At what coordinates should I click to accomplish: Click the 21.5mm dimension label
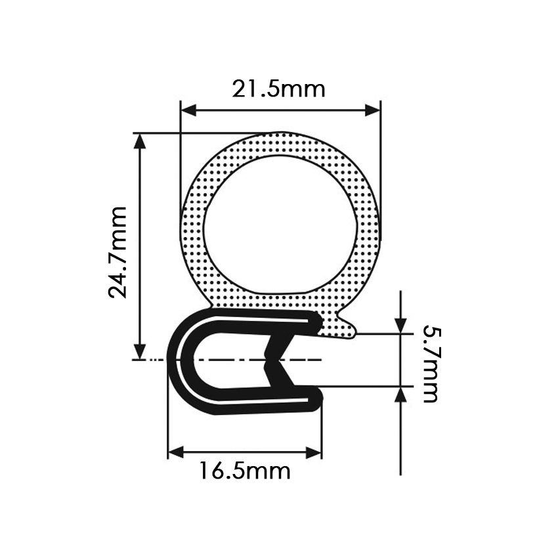point(278,89)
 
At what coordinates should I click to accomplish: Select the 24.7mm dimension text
point(118,252)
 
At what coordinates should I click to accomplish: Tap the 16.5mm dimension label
point(244,471)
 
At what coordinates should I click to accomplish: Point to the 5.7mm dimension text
point(432,365)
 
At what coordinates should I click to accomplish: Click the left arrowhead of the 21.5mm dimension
point(188,111)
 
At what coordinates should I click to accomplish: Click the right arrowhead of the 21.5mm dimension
point(373,111)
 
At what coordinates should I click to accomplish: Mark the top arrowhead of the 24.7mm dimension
point(141,141)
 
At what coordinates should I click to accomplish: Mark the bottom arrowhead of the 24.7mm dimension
point(141,352)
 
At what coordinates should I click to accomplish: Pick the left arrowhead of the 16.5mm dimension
point(175,453)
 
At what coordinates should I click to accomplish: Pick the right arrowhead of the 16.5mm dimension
point(314,453)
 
